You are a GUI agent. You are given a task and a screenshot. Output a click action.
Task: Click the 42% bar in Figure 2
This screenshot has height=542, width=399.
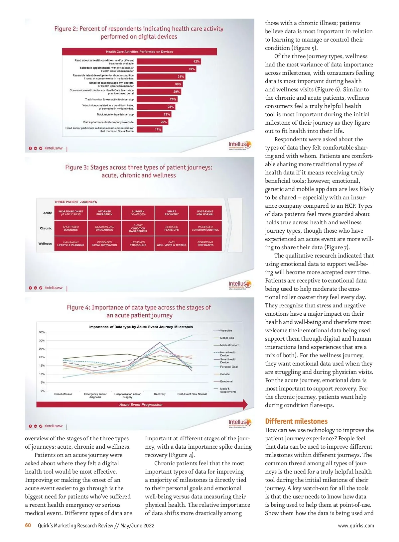(x=169, y=61)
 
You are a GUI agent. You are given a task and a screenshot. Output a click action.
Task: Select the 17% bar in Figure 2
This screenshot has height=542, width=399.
(x=149, y=130)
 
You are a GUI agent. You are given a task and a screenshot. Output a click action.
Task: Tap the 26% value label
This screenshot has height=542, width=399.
(x=173, y=99)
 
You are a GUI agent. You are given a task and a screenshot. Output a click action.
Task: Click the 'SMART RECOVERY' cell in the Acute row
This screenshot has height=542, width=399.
(x=172, y=213)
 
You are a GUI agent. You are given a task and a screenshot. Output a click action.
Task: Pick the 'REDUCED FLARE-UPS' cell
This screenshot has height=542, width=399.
(x=172, y=228)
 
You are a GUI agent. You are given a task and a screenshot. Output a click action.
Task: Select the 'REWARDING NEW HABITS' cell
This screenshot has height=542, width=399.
(x=205, y=244)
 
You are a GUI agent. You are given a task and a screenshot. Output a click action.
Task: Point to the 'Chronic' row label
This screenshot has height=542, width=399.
(x=46, y=228)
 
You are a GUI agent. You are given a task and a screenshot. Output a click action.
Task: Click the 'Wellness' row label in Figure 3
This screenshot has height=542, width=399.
(x=45, y=244)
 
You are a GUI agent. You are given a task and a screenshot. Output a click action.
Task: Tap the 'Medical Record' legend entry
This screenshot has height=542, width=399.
(x=229, y=345)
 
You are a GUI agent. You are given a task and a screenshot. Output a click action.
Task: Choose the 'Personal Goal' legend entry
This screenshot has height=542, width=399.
(x=229, y=367)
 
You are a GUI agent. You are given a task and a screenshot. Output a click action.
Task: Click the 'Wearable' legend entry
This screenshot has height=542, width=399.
(x=226, y=331)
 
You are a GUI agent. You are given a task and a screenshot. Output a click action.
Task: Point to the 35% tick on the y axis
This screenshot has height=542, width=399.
(x=42, y=332)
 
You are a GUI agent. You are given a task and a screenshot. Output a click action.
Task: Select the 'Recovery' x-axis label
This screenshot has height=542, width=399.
(x=160, y=394)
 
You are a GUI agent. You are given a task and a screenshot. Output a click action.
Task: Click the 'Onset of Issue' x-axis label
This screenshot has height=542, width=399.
(x=63, y=394)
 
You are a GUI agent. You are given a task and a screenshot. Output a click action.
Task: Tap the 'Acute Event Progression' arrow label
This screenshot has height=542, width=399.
(x=141, y=405)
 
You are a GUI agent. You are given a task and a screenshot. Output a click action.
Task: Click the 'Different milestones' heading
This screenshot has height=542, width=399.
(x=296, y=421)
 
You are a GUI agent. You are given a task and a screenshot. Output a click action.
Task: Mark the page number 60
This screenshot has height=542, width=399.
(x=28, y=525)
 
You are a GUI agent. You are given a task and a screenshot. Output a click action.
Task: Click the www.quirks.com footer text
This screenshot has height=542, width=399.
(x=356, y=526)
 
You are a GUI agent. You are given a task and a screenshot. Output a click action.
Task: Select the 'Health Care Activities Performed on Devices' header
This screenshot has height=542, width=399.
(x=139, y=52)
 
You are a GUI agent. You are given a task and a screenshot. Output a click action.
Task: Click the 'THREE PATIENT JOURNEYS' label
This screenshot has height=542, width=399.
(x=76, y=202)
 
